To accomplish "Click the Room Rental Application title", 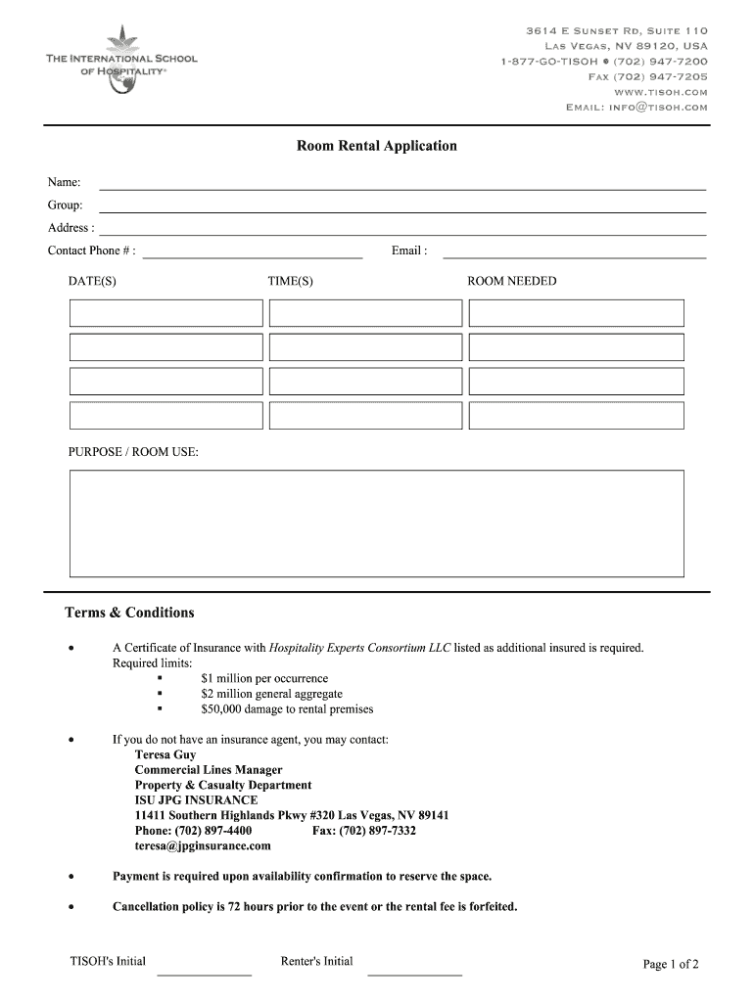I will (377, 146).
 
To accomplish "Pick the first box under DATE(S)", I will (165, 313).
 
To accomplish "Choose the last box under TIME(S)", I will (365, 415).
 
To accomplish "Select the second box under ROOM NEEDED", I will (576, 347).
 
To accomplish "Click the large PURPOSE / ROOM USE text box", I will (376, 524).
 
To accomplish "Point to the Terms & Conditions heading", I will (129, 613).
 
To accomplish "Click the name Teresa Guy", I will (165, 755).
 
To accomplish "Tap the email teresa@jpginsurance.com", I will (203, 845).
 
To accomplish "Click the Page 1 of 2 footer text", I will (671, 965).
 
